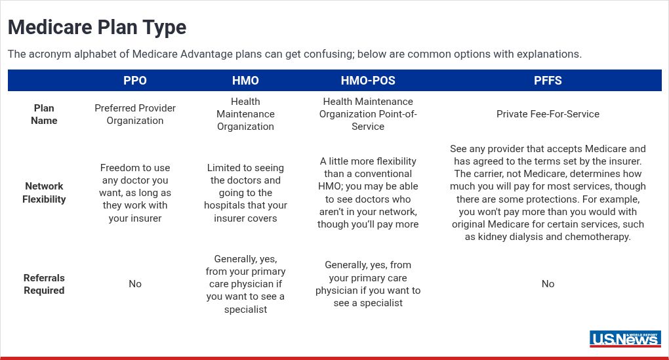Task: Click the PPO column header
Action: click(135, 81)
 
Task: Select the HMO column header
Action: click(245, 81)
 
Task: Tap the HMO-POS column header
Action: click(368, 81)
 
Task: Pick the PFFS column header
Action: click(548, 81)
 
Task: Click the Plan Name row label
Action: click(44, 114)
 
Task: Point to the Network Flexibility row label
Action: click(44, 192)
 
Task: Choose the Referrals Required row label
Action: click(44, 284)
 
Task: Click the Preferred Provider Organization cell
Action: click(135, 114)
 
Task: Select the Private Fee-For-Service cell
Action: click(548, 114)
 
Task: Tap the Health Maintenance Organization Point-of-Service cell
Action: click(368, 114)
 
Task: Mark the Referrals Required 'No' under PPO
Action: click(135, 284)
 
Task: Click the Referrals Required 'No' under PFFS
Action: click(548, 284)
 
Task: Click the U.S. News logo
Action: click(625, 338)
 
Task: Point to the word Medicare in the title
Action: click(50, 28)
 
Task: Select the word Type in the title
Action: click(164, 28)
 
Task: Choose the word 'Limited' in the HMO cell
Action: click(223, 168)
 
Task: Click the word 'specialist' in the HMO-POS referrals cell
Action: click(381, 303)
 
